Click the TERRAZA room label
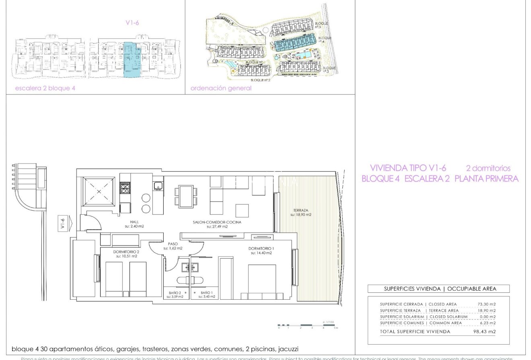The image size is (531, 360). click(x=301, y=210)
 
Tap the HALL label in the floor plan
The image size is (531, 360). click(x=134, y=222)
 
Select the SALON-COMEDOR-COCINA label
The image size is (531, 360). click(x=217, y=222)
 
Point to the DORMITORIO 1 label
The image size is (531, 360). click(x=261, y=249)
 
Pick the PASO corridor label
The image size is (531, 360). click(x=173, y=244)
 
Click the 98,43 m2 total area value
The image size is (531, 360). click(x=484, y=332)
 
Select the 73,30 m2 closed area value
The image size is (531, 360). click(x=487, y=304)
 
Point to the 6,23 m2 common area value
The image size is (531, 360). click(x=488, y=323)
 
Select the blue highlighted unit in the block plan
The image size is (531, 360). click(x=132, y=60)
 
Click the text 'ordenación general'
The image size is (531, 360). click(x=221, y=88)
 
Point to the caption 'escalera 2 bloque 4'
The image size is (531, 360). click(x=45, y=88)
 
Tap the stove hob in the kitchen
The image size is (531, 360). click(x=125, y=187)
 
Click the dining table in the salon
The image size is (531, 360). click(x=186, y=196)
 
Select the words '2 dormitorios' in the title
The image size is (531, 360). click(x=488, y=168)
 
